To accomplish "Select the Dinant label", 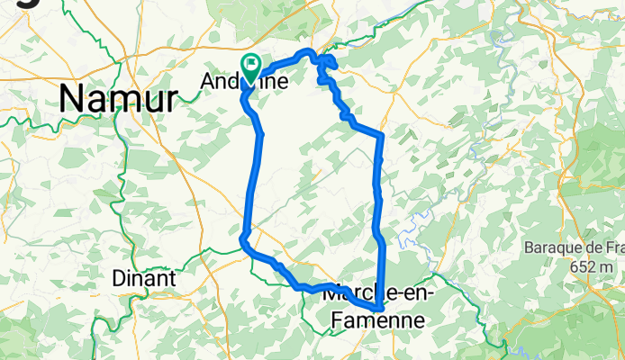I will tap(143, 279).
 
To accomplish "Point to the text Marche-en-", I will tap(378, 293).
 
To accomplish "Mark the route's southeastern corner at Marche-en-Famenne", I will tap(382, 309).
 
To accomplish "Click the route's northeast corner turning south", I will tap(383, 135).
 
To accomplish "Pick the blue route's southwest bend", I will tap(244, 239).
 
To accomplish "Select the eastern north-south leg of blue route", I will tap(377, 198).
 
